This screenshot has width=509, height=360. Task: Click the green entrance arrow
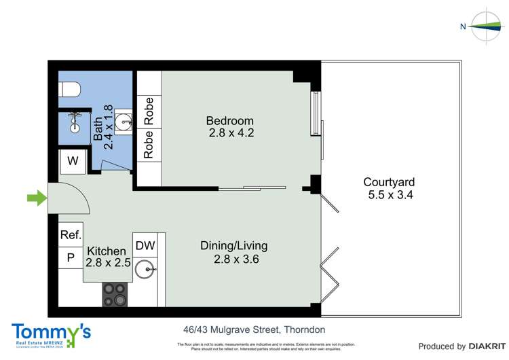[x=36, y=198]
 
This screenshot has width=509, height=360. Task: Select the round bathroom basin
[x=124, y=122]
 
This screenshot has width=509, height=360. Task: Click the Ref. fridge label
[x=71, y=235]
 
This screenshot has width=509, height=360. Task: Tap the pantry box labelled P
[x=71, y=258]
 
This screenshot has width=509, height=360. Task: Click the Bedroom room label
[x=230, y=121]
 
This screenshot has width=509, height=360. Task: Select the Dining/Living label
[x=233, y=245]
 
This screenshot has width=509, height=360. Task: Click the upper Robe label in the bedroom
[x=149, y=111]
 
